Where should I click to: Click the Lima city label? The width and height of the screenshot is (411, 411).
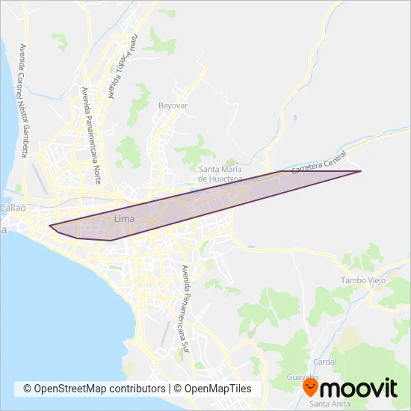(x=125, y=218)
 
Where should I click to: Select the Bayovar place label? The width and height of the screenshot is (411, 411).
(x=173, y=105)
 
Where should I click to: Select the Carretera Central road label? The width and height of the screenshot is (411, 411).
(x=319, y=163)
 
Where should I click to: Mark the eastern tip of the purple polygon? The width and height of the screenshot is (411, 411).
(x=362, y=172)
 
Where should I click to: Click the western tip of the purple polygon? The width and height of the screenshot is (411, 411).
(x=49, y=226)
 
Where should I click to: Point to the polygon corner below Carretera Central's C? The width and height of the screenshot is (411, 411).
(x=281, y=172)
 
